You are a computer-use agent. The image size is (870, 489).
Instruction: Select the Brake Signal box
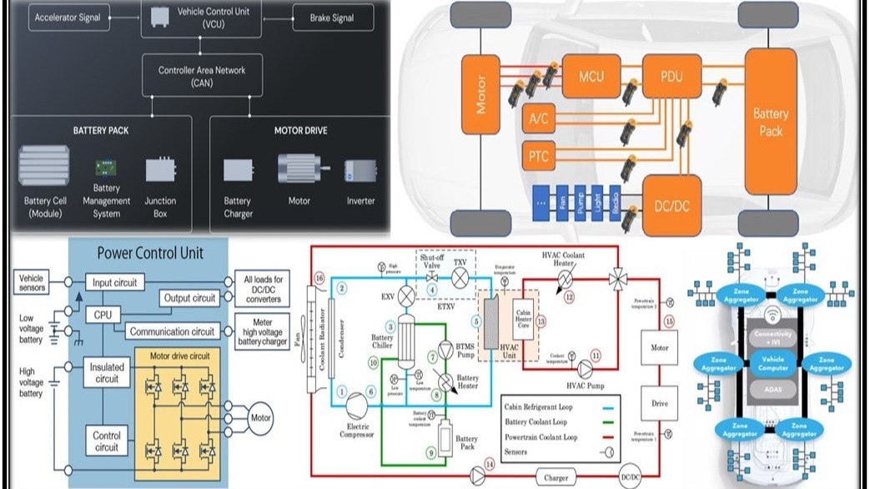[331, 18]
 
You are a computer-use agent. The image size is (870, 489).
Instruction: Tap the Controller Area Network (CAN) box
[202, 76]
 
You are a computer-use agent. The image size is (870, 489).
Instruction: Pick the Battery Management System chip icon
[106, 168]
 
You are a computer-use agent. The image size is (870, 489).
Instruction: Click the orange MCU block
[591, 77]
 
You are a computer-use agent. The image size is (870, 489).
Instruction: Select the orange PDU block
[671, 77]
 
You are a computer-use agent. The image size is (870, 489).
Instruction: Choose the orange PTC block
[538, 155]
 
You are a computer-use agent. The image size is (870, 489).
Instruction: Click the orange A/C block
[538, 118]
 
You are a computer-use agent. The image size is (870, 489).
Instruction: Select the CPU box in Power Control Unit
[103, 315]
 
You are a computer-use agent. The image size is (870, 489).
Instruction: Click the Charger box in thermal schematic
[556, 477]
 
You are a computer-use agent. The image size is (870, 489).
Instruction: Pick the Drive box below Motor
[659, 404]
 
